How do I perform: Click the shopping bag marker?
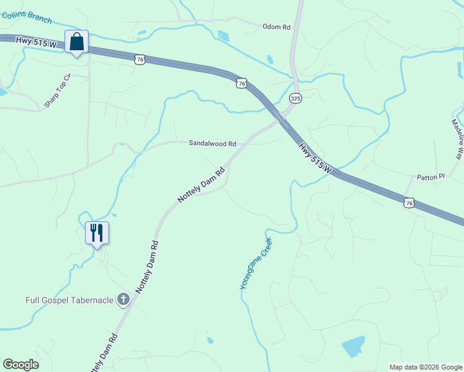[x=76, y=42]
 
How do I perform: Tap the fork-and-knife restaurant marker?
[x=97, y=233]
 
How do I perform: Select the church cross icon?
[x=123, y=300]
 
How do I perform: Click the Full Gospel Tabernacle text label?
[x=69, y=300]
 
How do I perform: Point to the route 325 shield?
[x=295, y=98]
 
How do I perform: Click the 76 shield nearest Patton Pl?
[x=408, y=202]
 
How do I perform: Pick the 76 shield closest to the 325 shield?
[x=241, y=82]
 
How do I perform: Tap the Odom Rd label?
[x=276, y=27]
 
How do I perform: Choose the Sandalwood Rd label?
[x=213, y=143]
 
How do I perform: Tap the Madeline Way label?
[x=457, y=140]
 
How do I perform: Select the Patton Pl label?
[x=431, y=177]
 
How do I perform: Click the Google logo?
[x=20, y=364]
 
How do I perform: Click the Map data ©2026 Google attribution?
[x=425, y=367]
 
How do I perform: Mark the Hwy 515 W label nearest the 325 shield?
[x=316, y=157]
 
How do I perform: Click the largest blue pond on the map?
[x=353, y=346]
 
